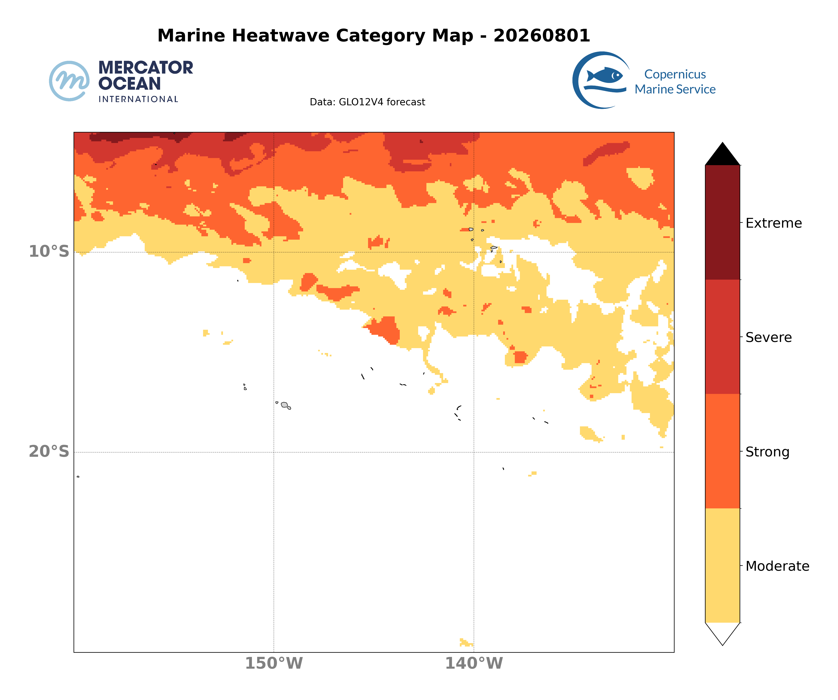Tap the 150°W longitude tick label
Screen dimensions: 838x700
(274, 663)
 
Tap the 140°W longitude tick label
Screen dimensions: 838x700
(474, 663)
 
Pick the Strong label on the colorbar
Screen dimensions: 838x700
(767, 452)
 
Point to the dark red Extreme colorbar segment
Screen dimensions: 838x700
(723, 222)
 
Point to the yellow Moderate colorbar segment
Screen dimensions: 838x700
(723, 565)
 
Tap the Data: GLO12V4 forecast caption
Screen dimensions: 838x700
(367, 102)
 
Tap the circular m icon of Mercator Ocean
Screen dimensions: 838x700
(69, 81)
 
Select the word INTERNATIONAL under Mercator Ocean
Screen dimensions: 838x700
(138, 99)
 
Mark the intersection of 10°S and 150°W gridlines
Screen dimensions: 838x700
(274, 252)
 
